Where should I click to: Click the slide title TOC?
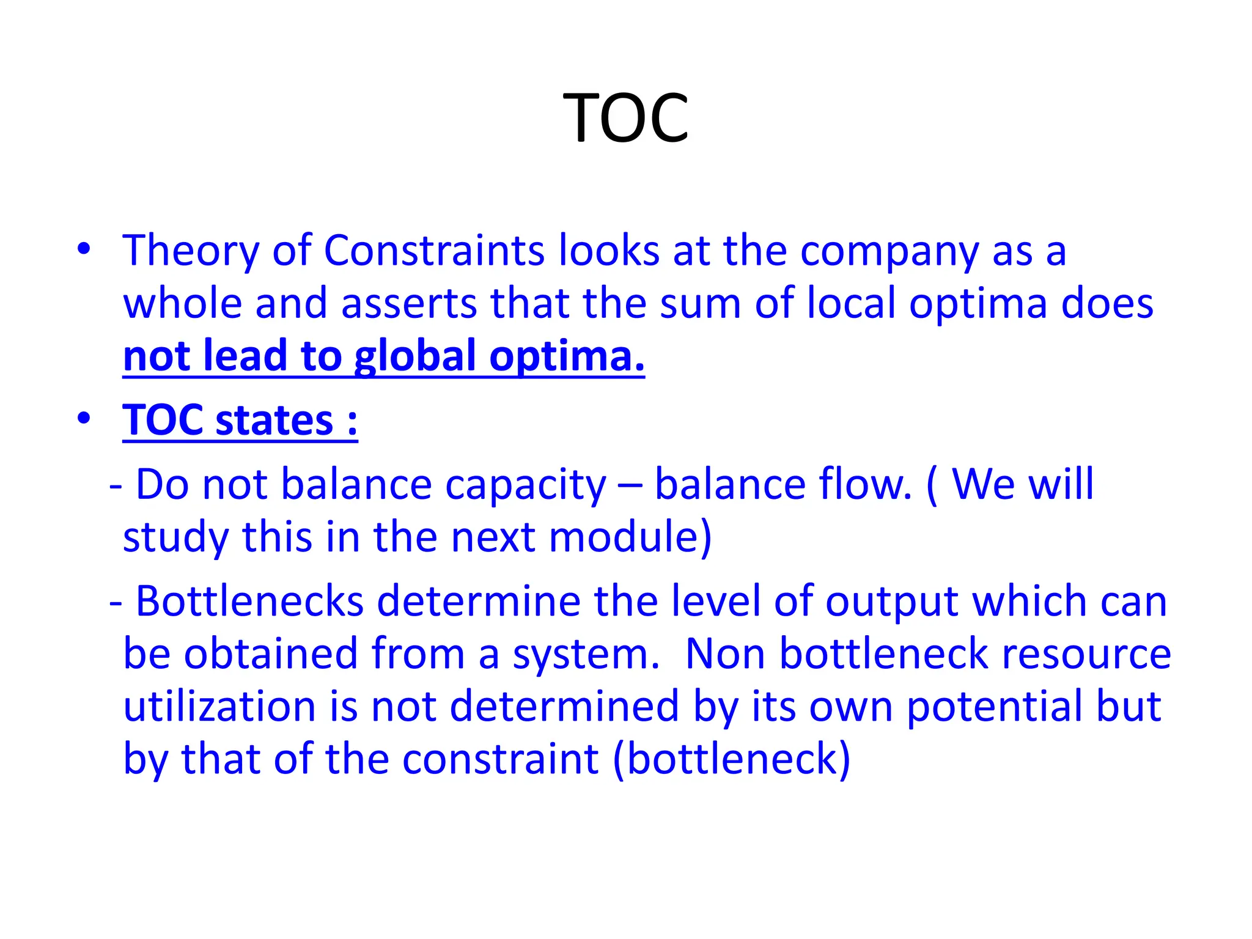pos(625,117)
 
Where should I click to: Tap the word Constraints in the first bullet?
pos(433,251)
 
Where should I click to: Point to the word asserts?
pos(408,304)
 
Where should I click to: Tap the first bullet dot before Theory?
pos(84,249)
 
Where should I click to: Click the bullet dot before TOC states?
pos(84,419)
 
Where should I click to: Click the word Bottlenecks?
pos(250,601)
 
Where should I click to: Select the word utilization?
pos(219,707)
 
